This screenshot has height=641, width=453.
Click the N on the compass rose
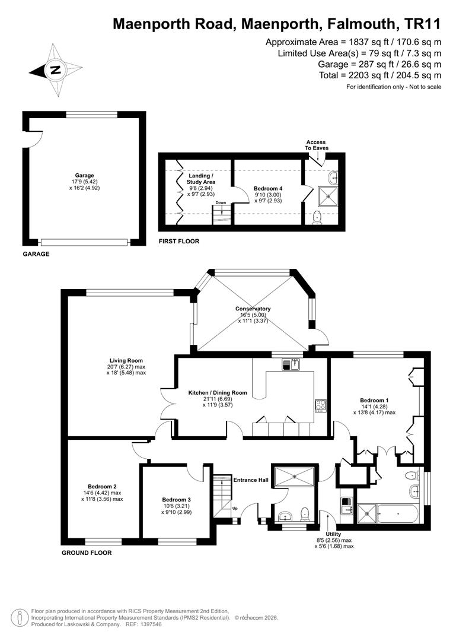[55, 70]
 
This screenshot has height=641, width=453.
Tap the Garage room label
[85, 175]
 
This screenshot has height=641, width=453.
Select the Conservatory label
[253, 309]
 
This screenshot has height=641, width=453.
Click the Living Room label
[126, 361]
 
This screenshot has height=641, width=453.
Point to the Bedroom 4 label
[268, 189]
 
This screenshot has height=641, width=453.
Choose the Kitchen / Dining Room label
[218, 393]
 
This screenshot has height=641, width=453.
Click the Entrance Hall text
[251, 480]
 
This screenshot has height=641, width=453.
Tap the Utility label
[333, 534]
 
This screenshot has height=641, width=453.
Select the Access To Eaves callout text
[317, 145]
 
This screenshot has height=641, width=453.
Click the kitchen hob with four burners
[321, 405]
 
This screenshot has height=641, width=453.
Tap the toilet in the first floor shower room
[317, 217]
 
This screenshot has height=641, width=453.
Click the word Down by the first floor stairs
[221, 203]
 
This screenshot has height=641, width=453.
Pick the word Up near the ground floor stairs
[235, 509]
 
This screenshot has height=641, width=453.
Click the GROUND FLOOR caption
[87, 553]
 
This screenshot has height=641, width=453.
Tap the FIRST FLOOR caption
[179, 241]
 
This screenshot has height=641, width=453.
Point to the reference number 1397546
[151, 624]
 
